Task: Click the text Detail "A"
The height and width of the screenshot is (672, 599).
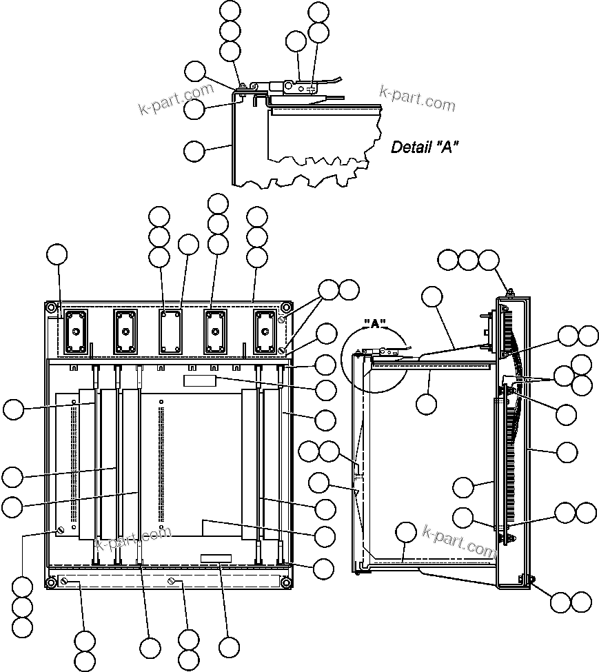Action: point(425,147)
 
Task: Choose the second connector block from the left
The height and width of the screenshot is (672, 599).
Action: point(125,332)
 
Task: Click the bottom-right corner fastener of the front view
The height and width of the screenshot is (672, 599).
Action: point(285,583)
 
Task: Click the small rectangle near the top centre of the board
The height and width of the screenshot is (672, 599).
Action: point(200,380)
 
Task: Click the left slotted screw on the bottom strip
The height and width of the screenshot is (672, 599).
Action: point(64,583)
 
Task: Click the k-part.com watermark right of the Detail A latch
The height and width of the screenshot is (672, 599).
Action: point(417,98)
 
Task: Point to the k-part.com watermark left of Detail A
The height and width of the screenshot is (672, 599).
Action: point(176,100)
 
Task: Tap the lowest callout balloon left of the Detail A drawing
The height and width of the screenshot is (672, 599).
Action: point(195,150)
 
